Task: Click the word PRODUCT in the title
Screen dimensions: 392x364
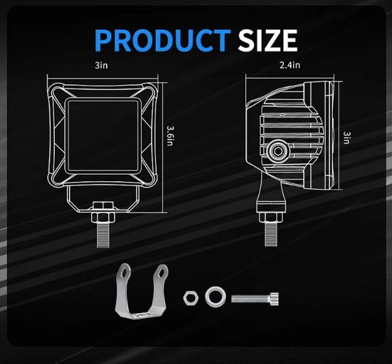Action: click(163, 40)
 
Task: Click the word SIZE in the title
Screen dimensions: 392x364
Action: click(268, 40)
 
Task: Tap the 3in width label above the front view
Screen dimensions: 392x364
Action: click(101, 65)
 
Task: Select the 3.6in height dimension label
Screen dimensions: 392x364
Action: click(170, 136)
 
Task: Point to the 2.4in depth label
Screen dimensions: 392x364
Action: click(289, 65)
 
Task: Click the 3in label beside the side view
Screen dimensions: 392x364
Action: click(347, 138)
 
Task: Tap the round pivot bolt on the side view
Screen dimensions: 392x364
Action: click(278, 151)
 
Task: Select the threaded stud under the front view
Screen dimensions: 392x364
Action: click(103, 235)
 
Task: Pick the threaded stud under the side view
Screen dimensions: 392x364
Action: click(271, 234)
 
